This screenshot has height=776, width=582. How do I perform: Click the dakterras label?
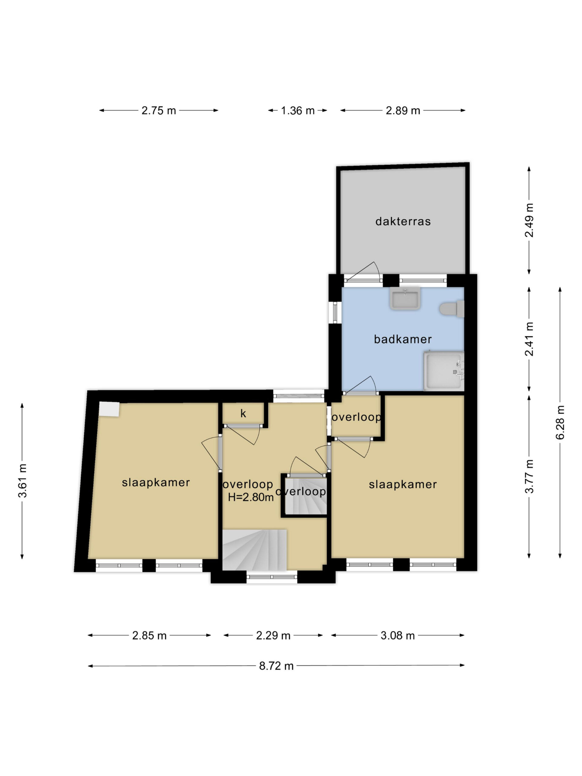(403, 221)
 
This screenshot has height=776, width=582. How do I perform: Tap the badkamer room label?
(403, 339)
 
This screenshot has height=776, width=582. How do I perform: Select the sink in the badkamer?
(405, 298)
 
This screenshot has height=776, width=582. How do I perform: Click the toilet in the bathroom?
(452, 309)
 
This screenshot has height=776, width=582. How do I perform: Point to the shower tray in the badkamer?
(444, 370)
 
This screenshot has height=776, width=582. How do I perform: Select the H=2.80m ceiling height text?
(250, 497)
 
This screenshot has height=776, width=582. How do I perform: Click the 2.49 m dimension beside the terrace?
(529, 220)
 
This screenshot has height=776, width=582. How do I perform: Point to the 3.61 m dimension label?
(22, 481)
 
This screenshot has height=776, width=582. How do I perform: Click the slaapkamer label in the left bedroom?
(156, 482)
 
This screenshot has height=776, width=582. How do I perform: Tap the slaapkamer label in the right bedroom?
(403, 484)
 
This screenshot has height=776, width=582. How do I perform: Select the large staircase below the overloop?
(255, 550)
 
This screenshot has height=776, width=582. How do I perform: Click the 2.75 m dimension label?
(159, 111)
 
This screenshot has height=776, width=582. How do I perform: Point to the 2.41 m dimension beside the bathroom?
(529, 339)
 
